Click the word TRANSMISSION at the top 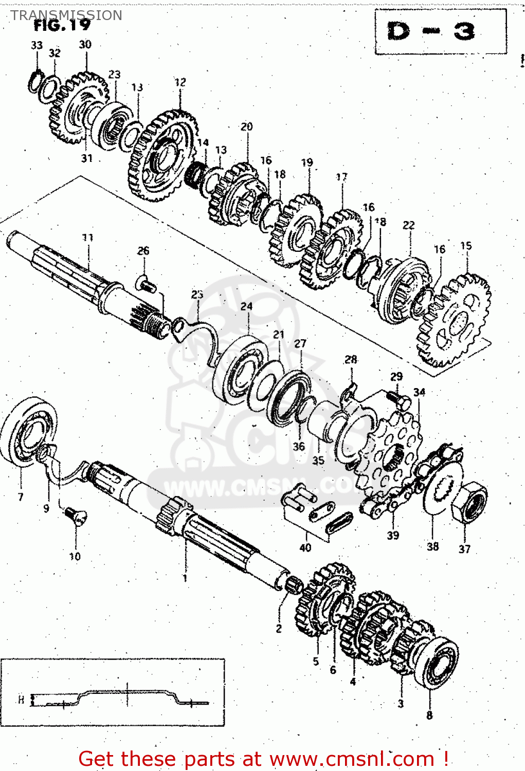(66, 15)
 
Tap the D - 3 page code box (432, 32)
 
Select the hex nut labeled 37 (469, 504)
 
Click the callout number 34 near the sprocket (419, 393)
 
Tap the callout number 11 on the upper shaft (88, 237)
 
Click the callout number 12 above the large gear (180, 82)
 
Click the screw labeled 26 (146, 284)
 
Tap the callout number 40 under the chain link (305, 548)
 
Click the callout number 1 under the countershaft (185, 578)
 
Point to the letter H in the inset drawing (21, 700)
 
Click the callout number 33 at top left (37, 45)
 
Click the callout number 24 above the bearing (246, 306)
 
